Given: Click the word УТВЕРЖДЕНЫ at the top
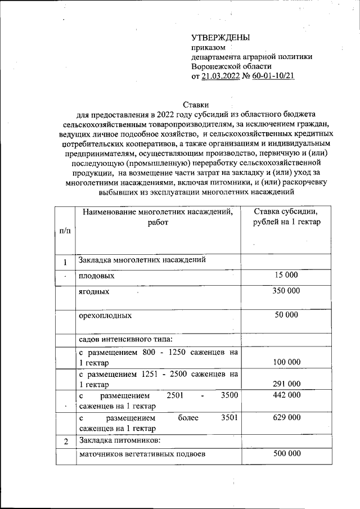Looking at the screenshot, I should (x=219, y=38).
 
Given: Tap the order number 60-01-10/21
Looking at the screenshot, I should (x=274, y=76).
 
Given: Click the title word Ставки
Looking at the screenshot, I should (x=196, y=104).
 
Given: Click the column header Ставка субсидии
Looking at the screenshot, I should (x=286, y=212).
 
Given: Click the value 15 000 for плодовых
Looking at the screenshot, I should (x=286, y=276).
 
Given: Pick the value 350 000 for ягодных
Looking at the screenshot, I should (x=286, y=291).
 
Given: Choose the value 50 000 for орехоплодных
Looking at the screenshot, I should (x=286, y=315).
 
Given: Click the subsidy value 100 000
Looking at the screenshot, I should (x=286, y=363).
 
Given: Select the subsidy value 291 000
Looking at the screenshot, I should (x=286, y=384).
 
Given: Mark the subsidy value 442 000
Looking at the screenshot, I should (x=286, y=395).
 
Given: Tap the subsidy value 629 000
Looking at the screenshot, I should (x=286, y=417).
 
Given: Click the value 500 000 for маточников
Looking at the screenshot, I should (x=286, y=454).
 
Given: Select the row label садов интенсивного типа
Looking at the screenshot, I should (x=125, y=340).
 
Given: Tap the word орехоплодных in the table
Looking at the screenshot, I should (x=105, y=316).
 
